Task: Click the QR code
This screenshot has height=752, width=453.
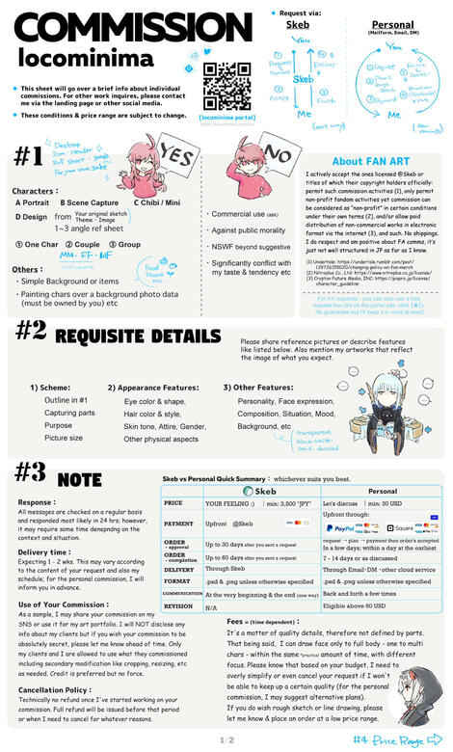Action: point(222,84)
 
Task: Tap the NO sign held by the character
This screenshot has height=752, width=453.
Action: point(277,156)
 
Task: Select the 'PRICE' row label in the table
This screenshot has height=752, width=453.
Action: point(174,503)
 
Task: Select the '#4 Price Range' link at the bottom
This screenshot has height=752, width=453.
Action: point(400,739)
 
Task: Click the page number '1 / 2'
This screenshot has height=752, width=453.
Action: point(226,740)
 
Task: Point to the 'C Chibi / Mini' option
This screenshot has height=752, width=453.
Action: point(158,202)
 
